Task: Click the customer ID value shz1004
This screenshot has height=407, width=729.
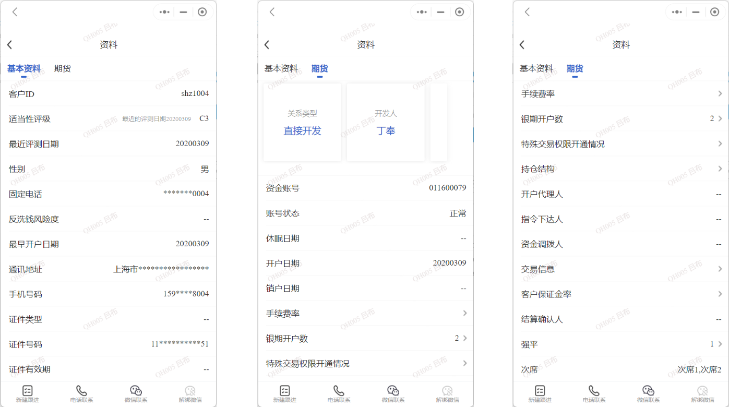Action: point(195,94)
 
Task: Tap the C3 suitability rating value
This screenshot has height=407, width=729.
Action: point(204,118)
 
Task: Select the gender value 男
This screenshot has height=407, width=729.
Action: point(205,169)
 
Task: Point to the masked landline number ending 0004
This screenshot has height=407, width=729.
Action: point(186,194)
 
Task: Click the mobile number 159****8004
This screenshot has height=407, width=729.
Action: point(186,294)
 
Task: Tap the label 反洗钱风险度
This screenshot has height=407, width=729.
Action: point(34,219)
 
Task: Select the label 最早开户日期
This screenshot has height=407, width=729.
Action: point(34,244)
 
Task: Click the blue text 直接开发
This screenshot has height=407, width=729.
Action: point(302,131)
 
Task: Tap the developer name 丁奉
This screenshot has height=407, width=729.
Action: point(386,131)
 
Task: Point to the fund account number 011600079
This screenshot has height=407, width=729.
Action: point(448,188)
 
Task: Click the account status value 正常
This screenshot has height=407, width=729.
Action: point(458,213)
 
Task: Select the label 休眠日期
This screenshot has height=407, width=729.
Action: point(282,238)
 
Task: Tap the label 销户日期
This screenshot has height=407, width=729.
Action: point(282,289)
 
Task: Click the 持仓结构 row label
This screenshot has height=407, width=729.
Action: point(537,169)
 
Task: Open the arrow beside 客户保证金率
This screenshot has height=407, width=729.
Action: point(720,294)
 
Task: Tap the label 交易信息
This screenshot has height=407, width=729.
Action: point(537,269)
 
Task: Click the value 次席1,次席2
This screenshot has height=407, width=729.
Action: point(699,369)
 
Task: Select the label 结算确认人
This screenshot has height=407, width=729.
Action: point(542,319)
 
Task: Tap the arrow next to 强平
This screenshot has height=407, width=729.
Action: point(720,344)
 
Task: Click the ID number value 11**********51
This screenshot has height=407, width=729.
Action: point(180,344)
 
